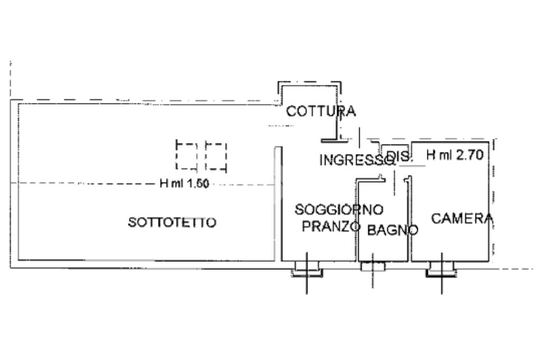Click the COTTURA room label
click(x=321, y=111)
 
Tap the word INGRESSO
click(x=353, y=159)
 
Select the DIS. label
click(x=398, y=156)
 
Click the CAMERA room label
click(x=462, y=218)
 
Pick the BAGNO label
click(x=393, y=230)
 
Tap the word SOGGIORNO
click(x=339, y=210)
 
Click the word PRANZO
click(x=331, y=227)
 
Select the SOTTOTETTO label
click(x=172, y=223)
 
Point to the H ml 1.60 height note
click(x=184, y=184)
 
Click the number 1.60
click(x=198, y=184)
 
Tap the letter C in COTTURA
click(x=291, y=111)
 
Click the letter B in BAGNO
click(x=371, y=230)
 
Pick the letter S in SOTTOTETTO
click(x=132, y=223)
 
